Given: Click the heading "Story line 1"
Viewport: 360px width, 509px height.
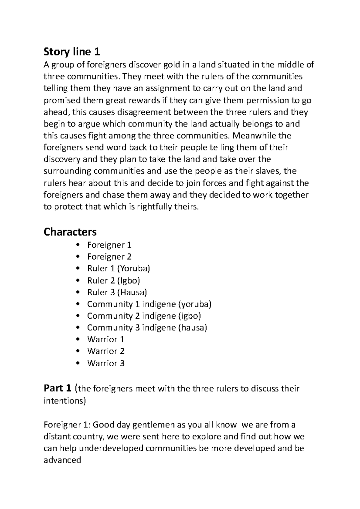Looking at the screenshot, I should (x=72, y=52).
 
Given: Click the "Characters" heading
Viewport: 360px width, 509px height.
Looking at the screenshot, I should (x=70, y=232).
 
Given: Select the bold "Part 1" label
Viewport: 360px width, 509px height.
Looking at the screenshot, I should (x=58, y=388).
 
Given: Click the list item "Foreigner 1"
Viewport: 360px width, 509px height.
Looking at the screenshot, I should (x=109, y=245).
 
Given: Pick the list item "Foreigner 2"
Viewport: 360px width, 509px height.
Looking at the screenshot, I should (x=109, y=257).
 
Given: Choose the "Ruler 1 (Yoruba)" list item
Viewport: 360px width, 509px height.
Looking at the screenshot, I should (x=118, y=269).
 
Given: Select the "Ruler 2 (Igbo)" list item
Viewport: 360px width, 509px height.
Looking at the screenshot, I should (x=114, y=281).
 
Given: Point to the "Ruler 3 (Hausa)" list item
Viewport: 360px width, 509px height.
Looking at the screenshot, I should (x=117, y=292).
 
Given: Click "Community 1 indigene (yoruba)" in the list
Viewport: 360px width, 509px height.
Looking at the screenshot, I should (x=149, y=304).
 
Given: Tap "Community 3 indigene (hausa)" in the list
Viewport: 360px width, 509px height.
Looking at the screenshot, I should (x=147, y=328).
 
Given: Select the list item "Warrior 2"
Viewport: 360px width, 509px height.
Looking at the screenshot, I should (x=106, y=351).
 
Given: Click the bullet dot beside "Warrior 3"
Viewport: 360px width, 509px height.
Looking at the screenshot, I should (x=78, y=363).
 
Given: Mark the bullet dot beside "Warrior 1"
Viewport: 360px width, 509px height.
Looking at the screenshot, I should (x=78, y=340).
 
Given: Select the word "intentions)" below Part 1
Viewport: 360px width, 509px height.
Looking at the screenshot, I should (x=64, y=401).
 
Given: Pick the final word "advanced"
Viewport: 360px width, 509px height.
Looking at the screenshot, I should (x=62, y=460).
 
